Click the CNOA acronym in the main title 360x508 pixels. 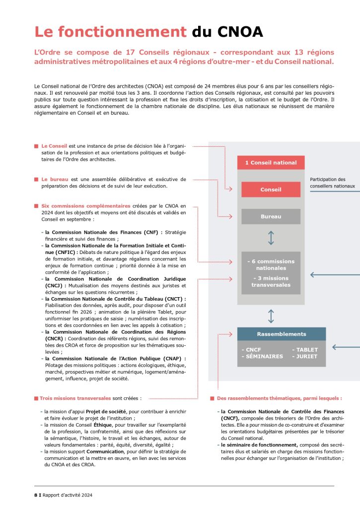click(240, 32)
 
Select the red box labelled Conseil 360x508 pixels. click(271, 190)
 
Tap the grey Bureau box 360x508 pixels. click(271, 216)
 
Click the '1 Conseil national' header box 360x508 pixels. click(271, 163)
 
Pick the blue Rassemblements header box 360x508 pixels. click(282, 334)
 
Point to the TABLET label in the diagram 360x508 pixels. click(305, 350)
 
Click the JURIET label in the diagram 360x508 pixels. click(305, 356)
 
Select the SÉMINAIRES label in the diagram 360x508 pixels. click(262, 356)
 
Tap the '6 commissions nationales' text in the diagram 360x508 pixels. click(271, 264)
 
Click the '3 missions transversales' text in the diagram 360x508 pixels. click(271, 281)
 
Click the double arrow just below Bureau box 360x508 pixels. click(271, 238)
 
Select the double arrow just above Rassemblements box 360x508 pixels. click(271, 316)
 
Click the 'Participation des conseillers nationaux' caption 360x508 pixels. click(332, 183)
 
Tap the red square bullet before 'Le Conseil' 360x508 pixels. click(36, 146)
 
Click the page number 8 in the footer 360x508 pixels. click(28, 495)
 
